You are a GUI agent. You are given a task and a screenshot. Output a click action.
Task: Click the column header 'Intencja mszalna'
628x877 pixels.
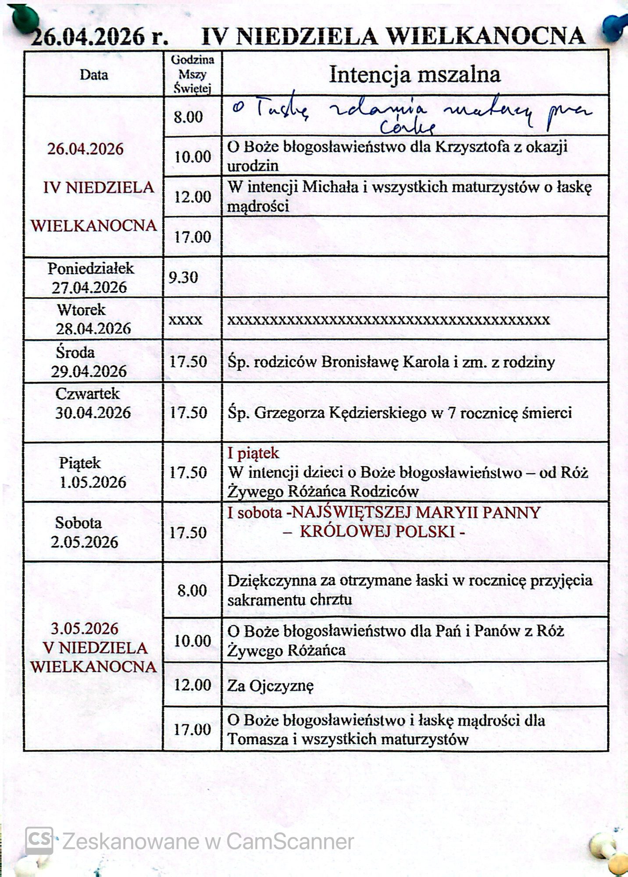(x=414, y=75)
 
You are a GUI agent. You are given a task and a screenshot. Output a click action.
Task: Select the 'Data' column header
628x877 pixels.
(x=94, y=75)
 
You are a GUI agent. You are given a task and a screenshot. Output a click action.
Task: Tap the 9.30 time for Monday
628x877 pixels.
(x=183, y=278)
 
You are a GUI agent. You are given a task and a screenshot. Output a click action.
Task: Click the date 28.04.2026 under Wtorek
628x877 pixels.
(x=93, y=329)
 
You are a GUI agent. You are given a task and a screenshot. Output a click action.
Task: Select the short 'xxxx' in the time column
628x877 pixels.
(x=186, y=320)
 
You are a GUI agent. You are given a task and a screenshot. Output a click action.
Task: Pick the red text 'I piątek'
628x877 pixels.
(x=253, y=453)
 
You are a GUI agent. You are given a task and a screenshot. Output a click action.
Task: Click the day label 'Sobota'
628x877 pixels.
(x=78, y=523)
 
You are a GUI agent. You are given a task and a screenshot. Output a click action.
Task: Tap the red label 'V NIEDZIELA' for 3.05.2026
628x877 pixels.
(x=95, y=648)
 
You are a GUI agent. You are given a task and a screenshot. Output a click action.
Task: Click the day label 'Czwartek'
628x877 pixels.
(x=87, y=394)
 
